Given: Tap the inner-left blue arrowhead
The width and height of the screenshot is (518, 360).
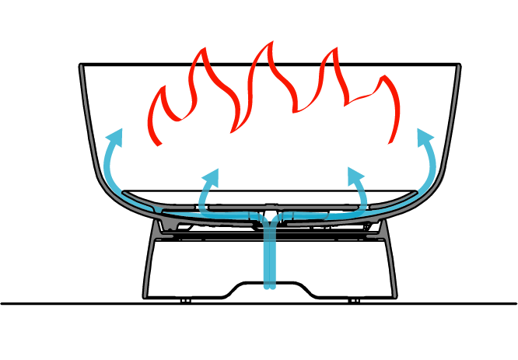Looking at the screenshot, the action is [x=212, y=176].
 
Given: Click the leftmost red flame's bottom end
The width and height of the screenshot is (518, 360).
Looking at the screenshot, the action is [x=159, y=144].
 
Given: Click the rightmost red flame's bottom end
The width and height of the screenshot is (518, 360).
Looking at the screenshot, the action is [x=390, y=142].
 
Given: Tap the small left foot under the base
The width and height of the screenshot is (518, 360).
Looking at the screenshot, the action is [x=184, y=300].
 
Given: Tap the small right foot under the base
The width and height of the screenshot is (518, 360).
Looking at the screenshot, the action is [x=354, y=300].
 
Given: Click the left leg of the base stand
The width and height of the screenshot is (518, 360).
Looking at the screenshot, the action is [x=149, y=264].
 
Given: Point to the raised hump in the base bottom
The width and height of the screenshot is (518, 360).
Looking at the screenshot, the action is [x=269, y=283].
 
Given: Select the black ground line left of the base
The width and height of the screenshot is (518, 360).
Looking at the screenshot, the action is [x=70, y=303].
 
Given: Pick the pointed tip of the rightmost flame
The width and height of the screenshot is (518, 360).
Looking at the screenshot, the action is [x=382, y=78].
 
